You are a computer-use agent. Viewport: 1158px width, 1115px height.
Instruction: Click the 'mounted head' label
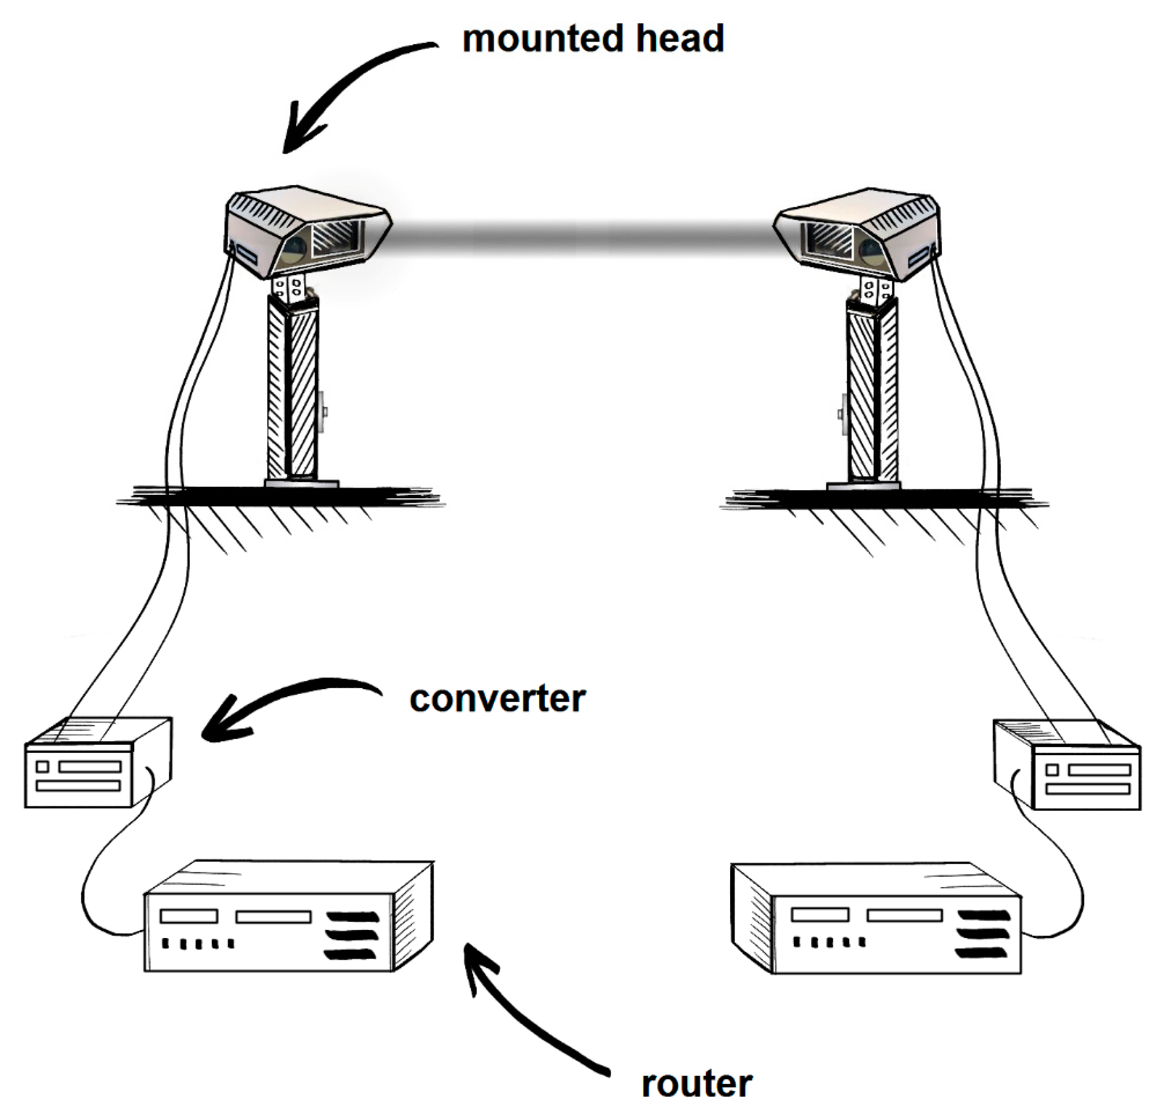[593, 39]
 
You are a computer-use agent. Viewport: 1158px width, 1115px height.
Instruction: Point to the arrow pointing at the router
[520, 1005]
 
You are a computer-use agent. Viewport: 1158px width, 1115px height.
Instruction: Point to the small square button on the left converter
[42, 767]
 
